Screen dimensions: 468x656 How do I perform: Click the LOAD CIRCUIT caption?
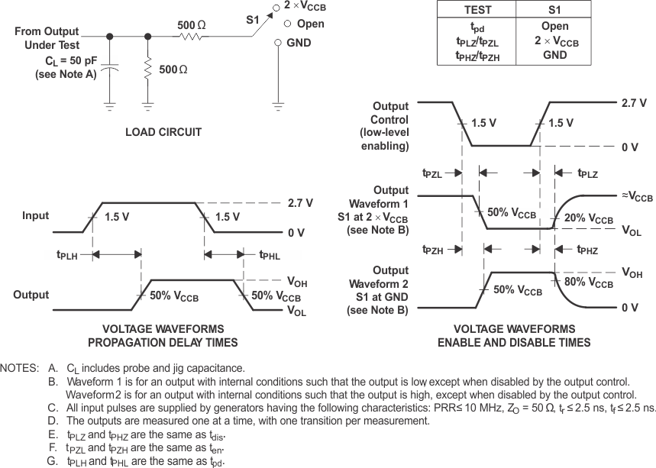[x=163, y=132]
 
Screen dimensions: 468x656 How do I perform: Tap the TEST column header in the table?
[x=477, y=10]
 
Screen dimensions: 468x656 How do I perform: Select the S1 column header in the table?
[x=554, y=10]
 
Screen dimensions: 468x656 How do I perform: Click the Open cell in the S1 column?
[x=554, y=27]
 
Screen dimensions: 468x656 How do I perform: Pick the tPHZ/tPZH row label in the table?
[x=477, y=56]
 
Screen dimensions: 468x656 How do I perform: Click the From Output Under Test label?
[x=47, y=37]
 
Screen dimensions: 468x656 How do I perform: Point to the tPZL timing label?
[x=432, y=173]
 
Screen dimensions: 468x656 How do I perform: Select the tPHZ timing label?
[x=587, y=250]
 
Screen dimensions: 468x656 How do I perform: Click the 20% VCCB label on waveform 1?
[x=589, y=219]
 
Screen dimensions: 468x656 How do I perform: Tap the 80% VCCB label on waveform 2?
[x=589, y=283]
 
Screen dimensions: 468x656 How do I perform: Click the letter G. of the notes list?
[x=52, y=461]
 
